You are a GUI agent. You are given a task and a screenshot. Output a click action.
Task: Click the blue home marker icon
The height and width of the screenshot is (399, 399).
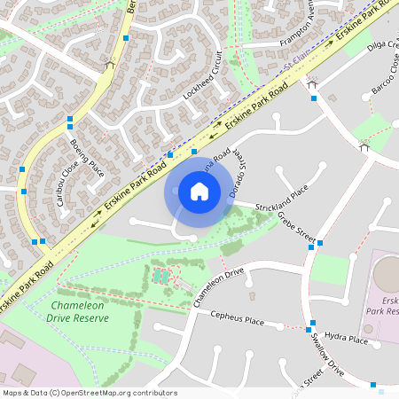[x=199, y=191]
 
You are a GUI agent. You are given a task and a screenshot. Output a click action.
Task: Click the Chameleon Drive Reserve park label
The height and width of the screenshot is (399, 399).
[x=64, y=311]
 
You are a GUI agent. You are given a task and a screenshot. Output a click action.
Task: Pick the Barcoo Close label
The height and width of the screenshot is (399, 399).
[x=386, y=70]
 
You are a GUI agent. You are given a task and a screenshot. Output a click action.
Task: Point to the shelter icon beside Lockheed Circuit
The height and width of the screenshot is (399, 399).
[x=110, y=64]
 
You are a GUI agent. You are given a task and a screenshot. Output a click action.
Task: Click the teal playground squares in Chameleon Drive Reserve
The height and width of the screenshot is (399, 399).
[x=160, y=277]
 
